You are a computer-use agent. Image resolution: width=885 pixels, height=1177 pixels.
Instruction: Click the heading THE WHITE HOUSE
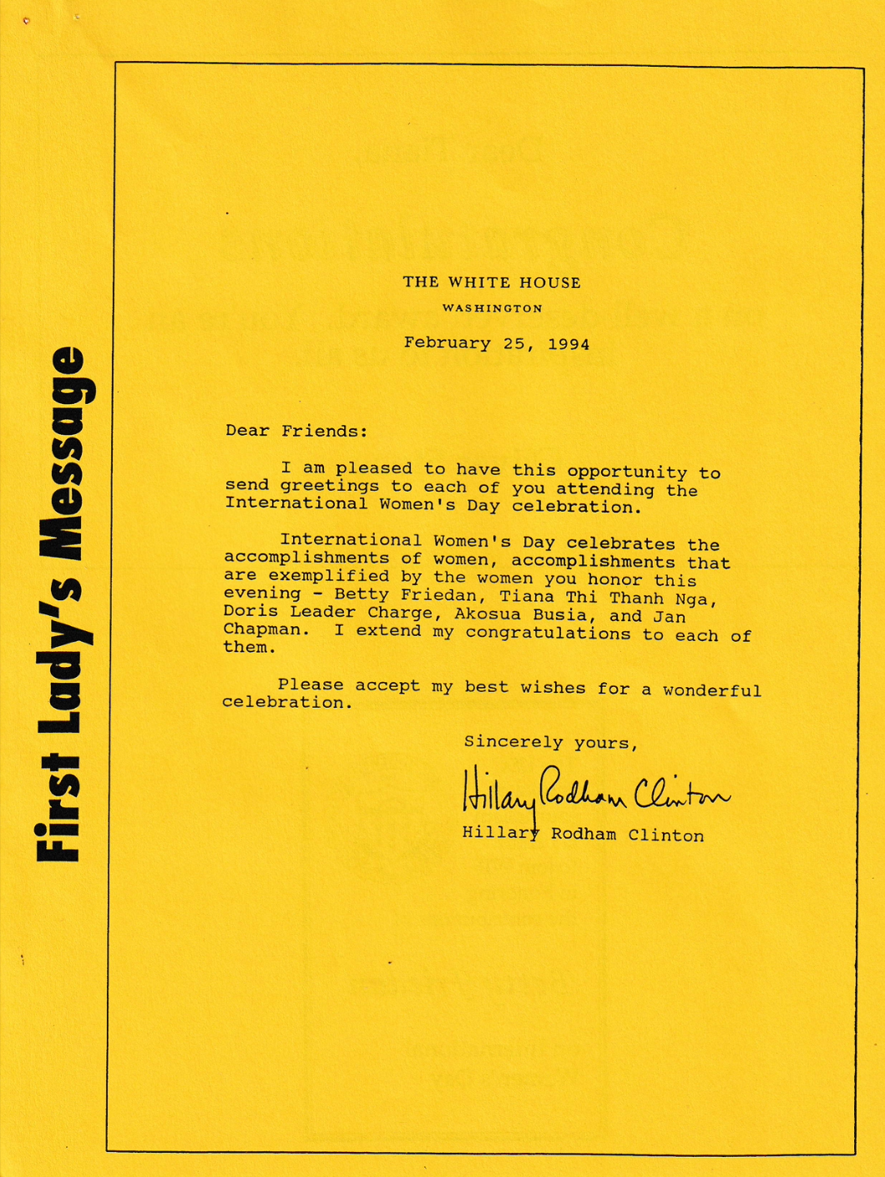[492, 282]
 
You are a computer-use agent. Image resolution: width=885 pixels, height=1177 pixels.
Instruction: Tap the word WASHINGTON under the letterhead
[492, 308]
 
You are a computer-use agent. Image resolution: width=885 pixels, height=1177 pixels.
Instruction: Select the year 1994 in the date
[569, 344]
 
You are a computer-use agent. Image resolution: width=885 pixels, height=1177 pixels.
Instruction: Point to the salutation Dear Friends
[296, 431]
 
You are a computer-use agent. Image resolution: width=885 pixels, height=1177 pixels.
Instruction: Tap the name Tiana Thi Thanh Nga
[608, 598]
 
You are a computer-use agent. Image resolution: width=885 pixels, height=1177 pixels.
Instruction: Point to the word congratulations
[548, 633]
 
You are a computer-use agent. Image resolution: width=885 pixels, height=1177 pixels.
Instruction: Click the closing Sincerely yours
[551, 741]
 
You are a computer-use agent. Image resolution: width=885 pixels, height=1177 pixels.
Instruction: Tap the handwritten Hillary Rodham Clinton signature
[594, 791]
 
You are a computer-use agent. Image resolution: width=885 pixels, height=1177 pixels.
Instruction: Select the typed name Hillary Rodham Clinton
[583, 834]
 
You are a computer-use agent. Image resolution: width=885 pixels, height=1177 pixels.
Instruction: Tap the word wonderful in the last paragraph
[711, 690]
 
